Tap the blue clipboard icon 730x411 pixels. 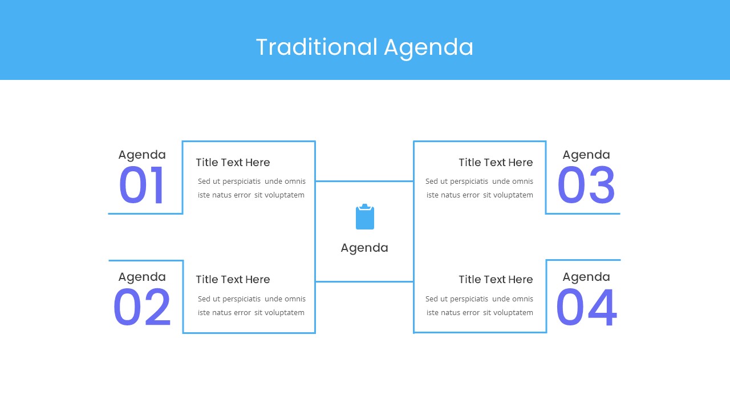pos(365,217)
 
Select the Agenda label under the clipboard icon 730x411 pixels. pos(364,248)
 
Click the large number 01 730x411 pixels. pos(141,186)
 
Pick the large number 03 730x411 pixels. pos(586,186)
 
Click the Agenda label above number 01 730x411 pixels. pos(142,155)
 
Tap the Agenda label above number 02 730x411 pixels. pos(142,277)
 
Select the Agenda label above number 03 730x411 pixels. pos(586,155)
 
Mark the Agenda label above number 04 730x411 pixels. pos(586,277)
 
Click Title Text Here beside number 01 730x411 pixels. pos(233,163)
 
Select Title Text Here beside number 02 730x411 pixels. pos(233,280)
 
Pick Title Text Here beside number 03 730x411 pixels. pos(496,163)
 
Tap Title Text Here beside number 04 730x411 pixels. pos(496,280)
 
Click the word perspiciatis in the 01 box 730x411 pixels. pos(241,182)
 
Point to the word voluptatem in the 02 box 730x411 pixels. pos(285,313)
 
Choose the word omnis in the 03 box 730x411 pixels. pos(523,182)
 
